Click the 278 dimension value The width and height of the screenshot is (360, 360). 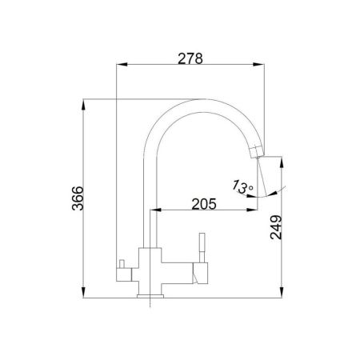190,58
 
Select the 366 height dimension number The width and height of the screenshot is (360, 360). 78,198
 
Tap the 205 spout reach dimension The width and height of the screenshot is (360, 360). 204,204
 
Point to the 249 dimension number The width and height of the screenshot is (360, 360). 276,227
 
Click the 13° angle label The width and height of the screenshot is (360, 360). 242,186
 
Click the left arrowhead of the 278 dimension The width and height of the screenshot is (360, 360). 122,65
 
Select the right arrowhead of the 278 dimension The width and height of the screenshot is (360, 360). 258,65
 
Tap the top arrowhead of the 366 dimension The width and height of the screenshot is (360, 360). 83,105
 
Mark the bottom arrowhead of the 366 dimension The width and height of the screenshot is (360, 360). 83,292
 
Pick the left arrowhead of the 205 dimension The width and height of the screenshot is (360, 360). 156,210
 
